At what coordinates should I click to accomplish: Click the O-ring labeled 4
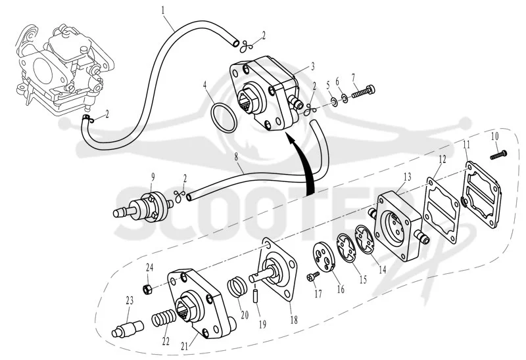[212, 113]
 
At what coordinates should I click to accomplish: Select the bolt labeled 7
[363, 91]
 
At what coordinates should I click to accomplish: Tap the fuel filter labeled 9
[143, 207]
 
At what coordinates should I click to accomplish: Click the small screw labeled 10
[498, 155]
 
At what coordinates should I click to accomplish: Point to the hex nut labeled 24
[147, 288]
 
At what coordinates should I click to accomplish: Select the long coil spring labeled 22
[164, 318]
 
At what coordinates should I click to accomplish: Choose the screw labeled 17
[313, 276]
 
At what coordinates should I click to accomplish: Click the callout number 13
[407, 177]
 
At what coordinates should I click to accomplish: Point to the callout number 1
[163, 10]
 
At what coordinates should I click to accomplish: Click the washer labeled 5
[334, 101]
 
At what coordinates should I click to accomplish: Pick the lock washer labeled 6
[345, 98]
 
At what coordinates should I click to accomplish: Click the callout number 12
[442, 160]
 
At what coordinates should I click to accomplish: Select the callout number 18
[293, 320]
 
